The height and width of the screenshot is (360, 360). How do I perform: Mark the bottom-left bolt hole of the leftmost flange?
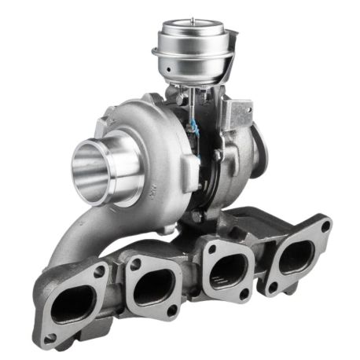click(x=50, y=339)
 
